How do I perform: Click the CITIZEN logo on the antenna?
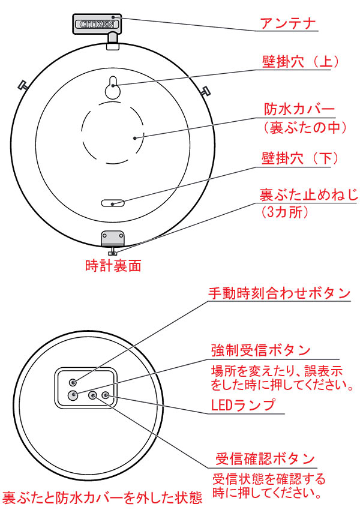[x=97, y=25]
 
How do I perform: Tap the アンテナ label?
[x=288, y=23]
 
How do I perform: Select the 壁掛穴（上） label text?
[x=300, y=62]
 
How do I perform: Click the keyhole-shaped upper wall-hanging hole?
[x=113, y=87]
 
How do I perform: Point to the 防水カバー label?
[x=299, y=109]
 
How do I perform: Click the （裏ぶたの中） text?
[x=305, y=128]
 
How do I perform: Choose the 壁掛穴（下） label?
[x=300, y=158]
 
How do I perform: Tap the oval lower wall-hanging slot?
[x=113, y=203]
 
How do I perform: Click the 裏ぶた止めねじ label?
[x=308, y=195]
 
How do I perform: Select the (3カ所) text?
[x=285, y=212]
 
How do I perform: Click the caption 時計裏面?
[x=113, y=266]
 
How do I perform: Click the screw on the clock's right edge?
[x=206, y=90]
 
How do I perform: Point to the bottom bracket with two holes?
[x=113, y=237]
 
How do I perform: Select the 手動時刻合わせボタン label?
[x=279, y=293]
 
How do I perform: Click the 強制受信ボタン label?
[x=260, y=350]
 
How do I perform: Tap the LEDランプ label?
[x=243, y=405]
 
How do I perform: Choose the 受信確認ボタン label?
[x=265, y=459]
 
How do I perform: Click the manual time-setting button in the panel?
[x=73, y=382]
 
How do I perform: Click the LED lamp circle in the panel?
[x=106, y=395]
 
